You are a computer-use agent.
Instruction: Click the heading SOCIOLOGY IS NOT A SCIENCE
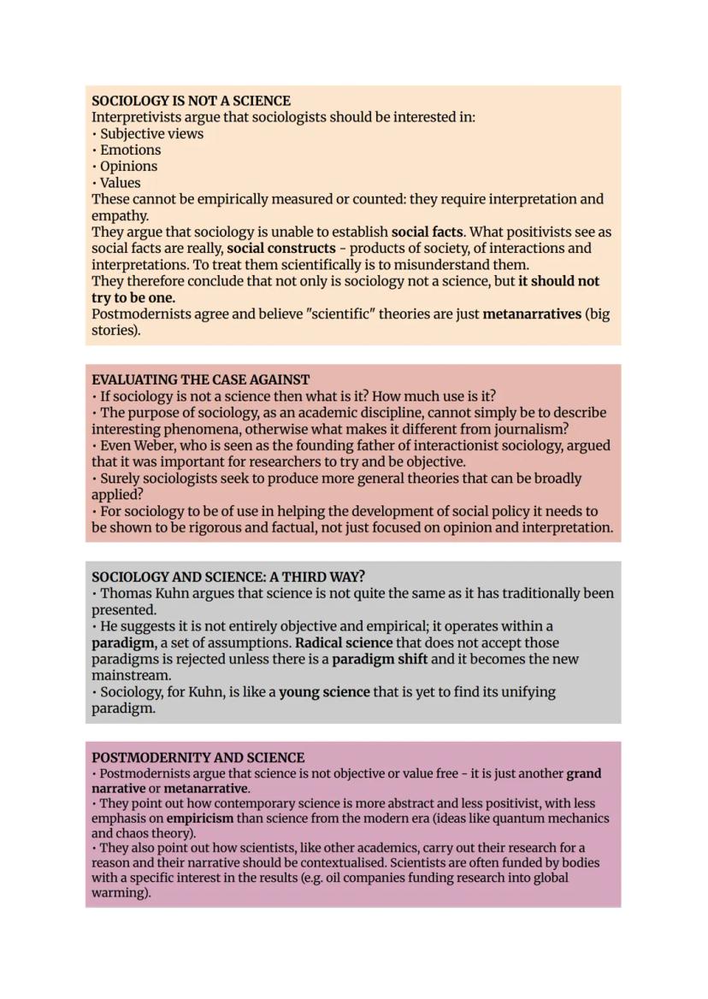point(191,101)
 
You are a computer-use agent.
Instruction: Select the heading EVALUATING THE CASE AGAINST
point(201,379)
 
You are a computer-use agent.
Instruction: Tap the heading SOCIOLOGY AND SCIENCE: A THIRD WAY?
point(228,576)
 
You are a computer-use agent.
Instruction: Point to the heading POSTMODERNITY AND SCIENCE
point(198,758)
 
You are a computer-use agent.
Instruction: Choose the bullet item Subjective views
point(151,133)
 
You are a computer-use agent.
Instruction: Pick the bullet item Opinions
point(128,166)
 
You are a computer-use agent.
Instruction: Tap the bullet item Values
point(120,182)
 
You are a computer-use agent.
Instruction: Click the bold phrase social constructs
point(280,249)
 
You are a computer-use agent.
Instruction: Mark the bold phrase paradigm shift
point(380,659)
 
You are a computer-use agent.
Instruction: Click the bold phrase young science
point(324,691)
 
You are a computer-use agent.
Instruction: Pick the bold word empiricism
point(200,818)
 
